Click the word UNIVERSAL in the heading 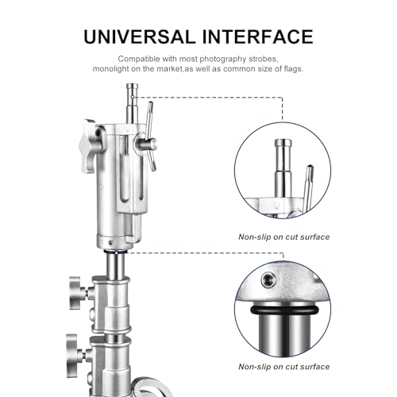point(140,37)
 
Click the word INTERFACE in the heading point(258,37)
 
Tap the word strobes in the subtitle point(264,59)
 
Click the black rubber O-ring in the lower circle point(284,310)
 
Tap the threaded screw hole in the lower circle point(268,279)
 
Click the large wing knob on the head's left point(88,145)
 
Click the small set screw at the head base point(111,241)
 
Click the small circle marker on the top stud point(133,97)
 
